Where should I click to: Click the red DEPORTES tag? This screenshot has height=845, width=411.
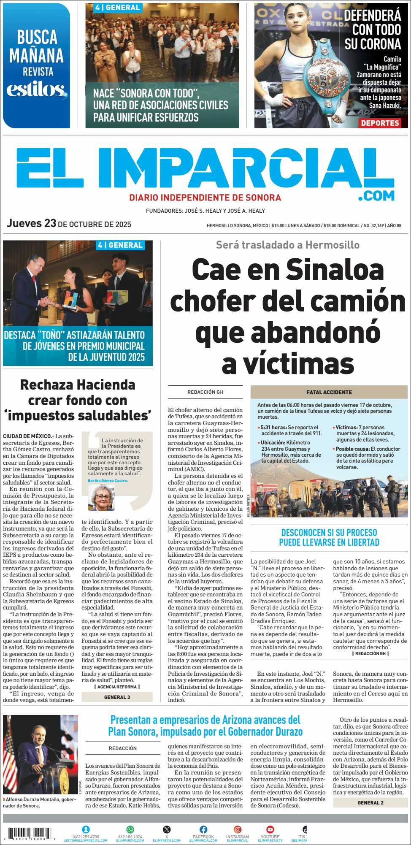click(380, 123)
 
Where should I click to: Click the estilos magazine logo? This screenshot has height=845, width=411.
click(37, 90)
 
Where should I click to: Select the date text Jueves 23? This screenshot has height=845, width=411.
click(32, 223)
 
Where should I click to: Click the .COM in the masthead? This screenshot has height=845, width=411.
click(376, 195)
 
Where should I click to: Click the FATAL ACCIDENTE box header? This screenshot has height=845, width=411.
click(329, 392)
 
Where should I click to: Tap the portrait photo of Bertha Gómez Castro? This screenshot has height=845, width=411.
click(101, 497)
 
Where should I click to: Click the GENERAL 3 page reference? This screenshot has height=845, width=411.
click(117, 697)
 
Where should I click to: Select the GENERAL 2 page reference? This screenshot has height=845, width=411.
click(370, 802)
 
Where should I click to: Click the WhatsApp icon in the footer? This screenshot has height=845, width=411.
click(130, 829)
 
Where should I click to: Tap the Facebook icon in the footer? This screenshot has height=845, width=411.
click(203, 829)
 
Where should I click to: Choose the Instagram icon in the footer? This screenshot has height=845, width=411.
click(238, 829)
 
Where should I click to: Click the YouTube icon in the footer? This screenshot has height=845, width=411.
click(270, 829)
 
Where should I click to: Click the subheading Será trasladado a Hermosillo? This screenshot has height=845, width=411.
click(287, 245)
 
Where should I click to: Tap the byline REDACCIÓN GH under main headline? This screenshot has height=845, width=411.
click(205, 392)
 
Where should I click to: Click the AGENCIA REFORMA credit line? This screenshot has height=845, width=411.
click(117, 687)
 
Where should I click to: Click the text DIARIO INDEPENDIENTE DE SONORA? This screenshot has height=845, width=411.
click(205, 198)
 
